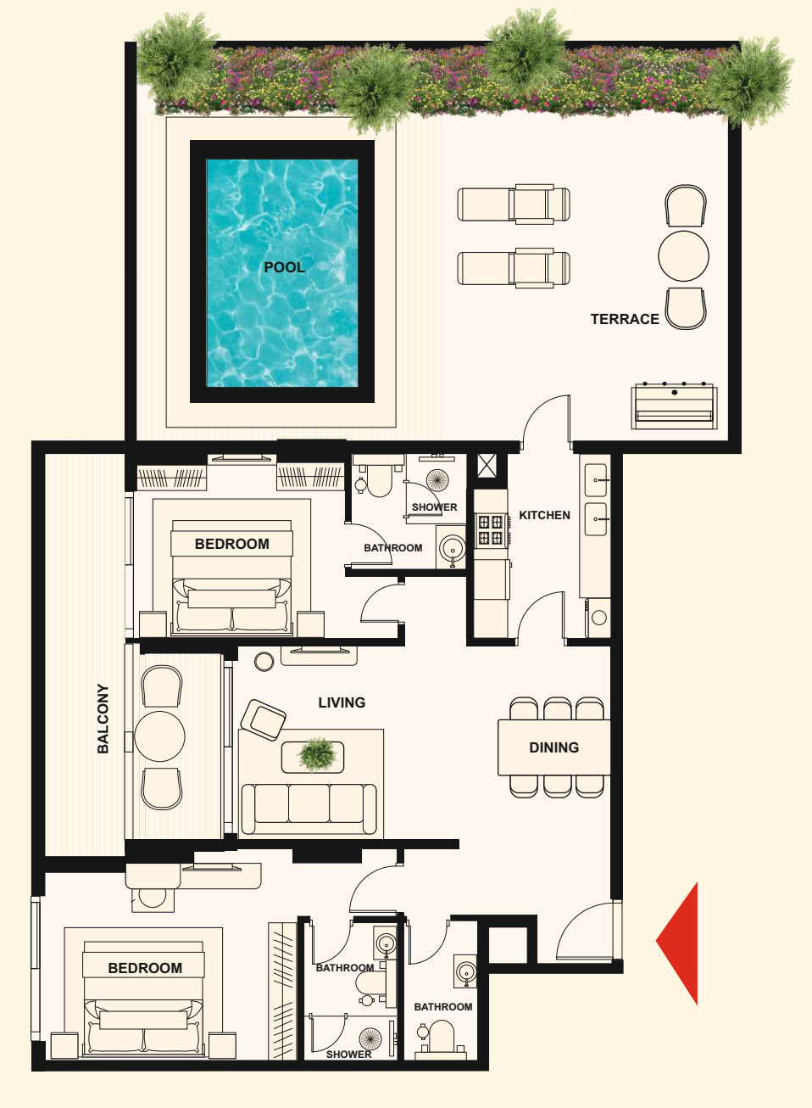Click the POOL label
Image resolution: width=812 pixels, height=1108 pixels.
(284, 267)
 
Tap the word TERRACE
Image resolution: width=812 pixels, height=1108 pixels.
(625, 320)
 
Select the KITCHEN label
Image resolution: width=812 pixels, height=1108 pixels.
(544, 516)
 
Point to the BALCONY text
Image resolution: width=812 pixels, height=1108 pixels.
(103, 719)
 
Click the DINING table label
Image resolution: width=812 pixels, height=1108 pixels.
(554, 747)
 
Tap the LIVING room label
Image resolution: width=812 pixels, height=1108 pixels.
(342, 702)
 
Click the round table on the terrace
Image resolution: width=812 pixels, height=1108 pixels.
(683, 256)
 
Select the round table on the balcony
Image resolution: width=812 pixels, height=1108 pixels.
(159, 736)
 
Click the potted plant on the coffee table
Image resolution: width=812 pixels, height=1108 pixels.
(317, 755)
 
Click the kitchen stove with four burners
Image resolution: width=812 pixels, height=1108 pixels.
(491, 529)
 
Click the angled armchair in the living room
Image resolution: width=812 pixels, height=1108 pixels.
(264, 719)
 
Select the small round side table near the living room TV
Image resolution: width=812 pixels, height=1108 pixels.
(264, 662)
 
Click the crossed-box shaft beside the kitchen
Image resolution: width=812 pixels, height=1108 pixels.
(487, 466)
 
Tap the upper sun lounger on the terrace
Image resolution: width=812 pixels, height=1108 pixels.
(514, 204)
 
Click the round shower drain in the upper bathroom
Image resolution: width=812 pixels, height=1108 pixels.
(437, 480)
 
